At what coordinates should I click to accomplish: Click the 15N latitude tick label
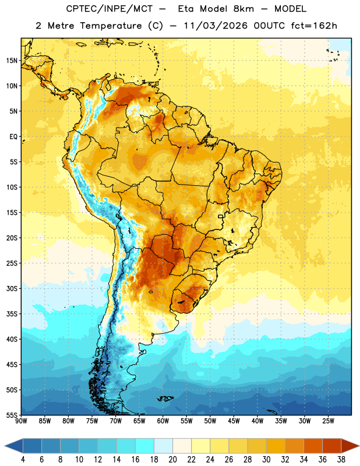[12, 61]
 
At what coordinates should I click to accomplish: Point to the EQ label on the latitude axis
[13, 137]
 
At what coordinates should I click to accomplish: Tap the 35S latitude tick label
[12, 314]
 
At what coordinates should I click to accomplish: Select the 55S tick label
[12, 415]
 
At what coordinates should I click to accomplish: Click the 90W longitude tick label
[22, 421]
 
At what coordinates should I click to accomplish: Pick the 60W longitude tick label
[163, 421]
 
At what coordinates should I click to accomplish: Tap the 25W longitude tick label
[328, 421]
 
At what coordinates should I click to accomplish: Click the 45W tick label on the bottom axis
[234, 421]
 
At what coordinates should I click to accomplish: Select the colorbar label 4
[23, 460]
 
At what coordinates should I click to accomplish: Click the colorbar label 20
[172, 460]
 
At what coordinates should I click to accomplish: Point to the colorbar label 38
[341, 460]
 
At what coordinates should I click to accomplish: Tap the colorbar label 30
[266, 460]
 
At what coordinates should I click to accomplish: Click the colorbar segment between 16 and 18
[144, 446]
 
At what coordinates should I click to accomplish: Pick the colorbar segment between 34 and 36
[313, 446]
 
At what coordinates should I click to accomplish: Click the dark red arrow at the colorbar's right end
[350, 446]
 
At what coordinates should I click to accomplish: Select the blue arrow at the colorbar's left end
[14, 446]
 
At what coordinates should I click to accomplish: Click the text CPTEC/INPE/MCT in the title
[109, 9]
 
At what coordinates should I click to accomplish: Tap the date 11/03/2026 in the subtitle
[216, 26]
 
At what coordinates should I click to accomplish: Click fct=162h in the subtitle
[314, 26]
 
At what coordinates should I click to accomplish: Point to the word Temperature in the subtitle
[111, 26]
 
